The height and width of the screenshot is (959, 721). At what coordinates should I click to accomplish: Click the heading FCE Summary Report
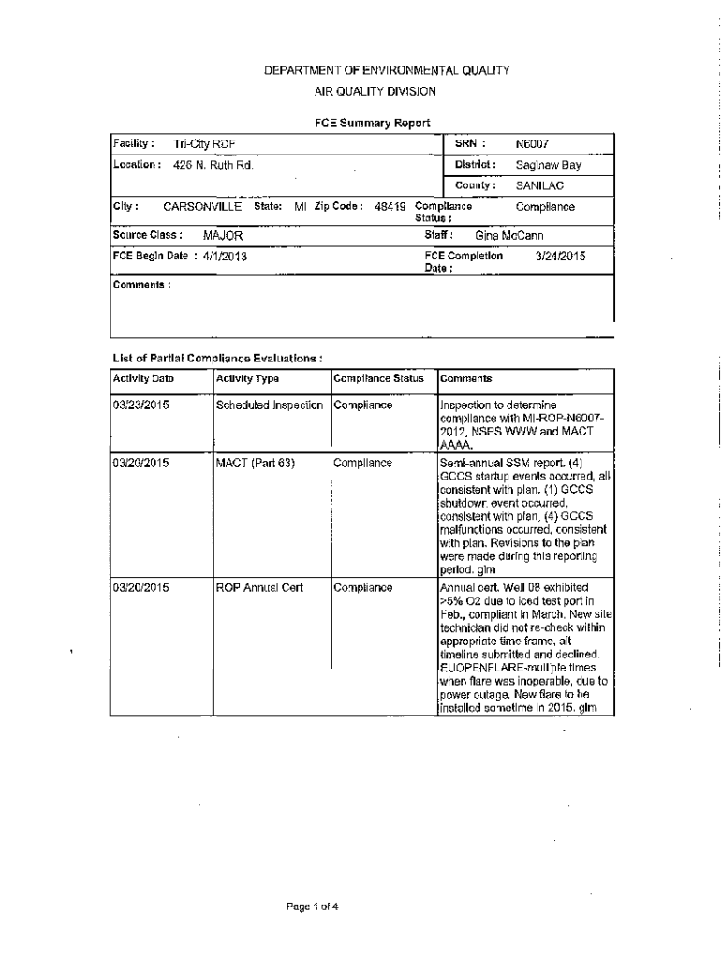pos(372,123)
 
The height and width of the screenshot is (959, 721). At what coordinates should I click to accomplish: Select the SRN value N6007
pos(532,144)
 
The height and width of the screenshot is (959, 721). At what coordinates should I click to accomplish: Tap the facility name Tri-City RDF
pos(204,144)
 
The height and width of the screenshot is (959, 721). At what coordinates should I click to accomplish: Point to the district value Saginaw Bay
pos(548,165)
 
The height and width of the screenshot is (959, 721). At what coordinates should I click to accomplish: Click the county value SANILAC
pos(539,185)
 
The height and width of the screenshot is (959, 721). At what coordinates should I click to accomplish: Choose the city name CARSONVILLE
pos(202,207)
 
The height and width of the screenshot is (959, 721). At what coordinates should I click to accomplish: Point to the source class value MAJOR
pos(223,236)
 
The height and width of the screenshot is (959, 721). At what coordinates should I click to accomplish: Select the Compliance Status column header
pos(378,379)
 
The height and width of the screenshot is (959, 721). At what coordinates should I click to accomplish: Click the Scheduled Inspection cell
pos(270,406)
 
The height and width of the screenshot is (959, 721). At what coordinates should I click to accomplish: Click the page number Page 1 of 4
pos(313,906)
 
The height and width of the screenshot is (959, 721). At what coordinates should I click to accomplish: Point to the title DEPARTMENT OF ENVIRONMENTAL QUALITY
pos(372,70)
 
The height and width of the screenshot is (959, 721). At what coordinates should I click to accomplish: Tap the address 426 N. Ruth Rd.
pos(213,165)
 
